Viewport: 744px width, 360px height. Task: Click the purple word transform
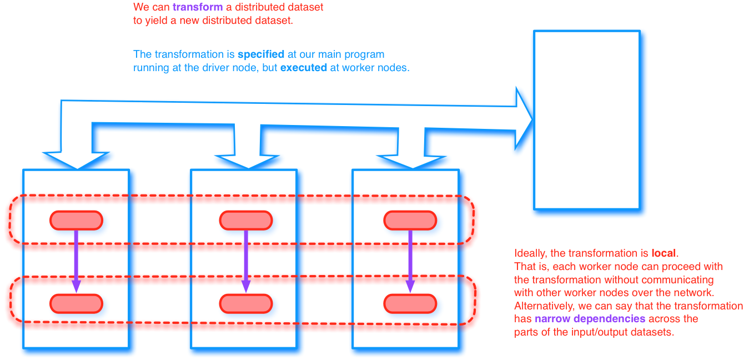tap(193, 8)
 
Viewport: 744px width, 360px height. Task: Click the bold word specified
tap(261, 54)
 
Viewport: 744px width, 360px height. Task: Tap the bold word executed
tap(304, 68)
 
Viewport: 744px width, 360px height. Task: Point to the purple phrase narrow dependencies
tap(590, 319)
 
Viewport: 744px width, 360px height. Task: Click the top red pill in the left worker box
tap(76, 221)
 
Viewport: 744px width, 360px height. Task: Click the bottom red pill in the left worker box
tap(76, 303)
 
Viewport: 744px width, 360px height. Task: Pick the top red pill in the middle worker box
tap(245, 221)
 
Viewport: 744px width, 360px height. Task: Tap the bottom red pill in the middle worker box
tap(245, 303)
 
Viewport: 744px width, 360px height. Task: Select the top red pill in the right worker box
tap(410, 221)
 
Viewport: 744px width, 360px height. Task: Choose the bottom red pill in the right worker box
tap(410, 303)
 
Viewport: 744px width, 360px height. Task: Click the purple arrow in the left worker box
tap(76, 261)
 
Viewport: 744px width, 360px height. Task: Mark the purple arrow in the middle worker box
tap(245, 261)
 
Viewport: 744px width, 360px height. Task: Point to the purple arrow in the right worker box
tap(410, 261)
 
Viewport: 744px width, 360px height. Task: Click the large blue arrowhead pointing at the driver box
tap(523, 118)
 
